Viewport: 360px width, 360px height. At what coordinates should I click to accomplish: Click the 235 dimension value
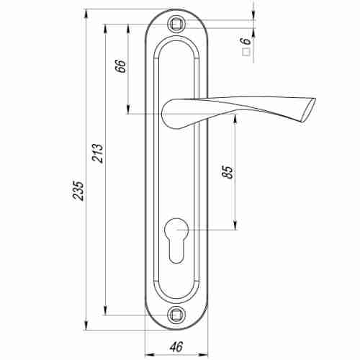point(78,191)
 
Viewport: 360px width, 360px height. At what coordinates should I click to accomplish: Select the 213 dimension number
point(98,153)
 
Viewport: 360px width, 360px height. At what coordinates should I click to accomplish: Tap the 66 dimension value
point(120,66)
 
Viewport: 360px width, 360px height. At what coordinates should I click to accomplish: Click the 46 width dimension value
point(176,347)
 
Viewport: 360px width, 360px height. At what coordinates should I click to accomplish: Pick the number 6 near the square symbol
point(246,41)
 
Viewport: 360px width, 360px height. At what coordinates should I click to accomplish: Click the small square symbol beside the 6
point(246,52)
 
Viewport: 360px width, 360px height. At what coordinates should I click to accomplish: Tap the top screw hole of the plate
point(176,24)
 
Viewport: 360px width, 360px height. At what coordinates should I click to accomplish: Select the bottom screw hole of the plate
point(176,315)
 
